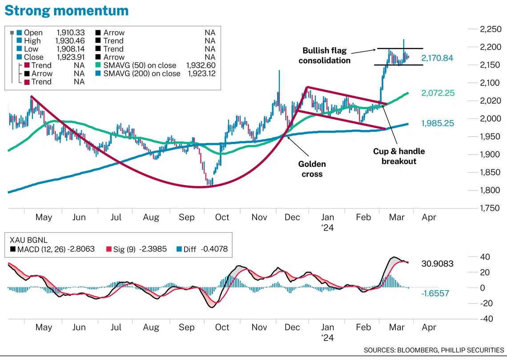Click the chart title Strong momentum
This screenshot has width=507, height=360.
coord(67,10)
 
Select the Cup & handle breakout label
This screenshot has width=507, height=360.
coord(398,156)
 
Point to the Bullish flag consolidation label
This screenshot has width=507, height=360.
coord(324,55)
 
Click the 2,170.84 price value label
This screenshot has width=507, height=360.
coord(438,58)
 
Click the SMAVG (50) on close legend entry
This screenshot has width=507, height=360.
coord(140,65)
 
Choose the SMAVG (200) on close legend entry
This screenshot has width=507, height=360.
coord(141,73)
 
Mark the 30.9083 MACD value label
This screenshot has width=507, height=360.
coord(437,264)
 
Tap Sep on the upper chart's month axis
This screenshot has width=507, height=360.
coord(187,217)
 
